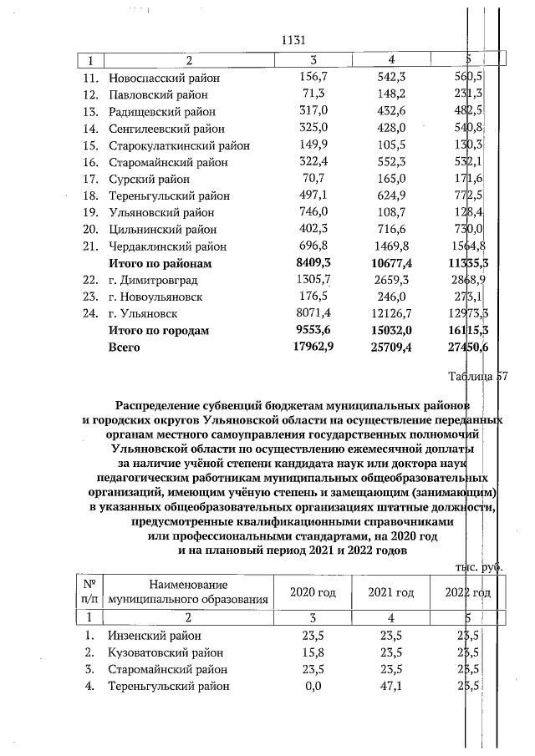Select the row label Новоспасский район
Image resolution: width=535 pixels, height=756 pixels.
[x=164, y=78]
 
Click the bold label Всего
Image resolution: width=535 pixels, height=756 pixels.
[x=125, y=348]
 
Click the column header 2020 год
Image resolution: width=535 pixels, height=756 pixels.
[x=313, y=592]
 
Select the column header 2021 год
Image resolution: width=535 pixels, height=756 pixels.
[x=391, y=592]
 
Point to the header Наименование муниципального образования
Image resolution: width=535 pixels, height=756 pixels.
[x=190, y=592]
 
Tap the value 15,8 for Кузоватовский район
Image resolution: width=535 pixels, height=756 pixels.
[x=313, y=652]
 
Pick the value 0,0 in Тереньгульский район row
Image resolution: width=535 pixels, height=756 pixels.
[x=313, y=687]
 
